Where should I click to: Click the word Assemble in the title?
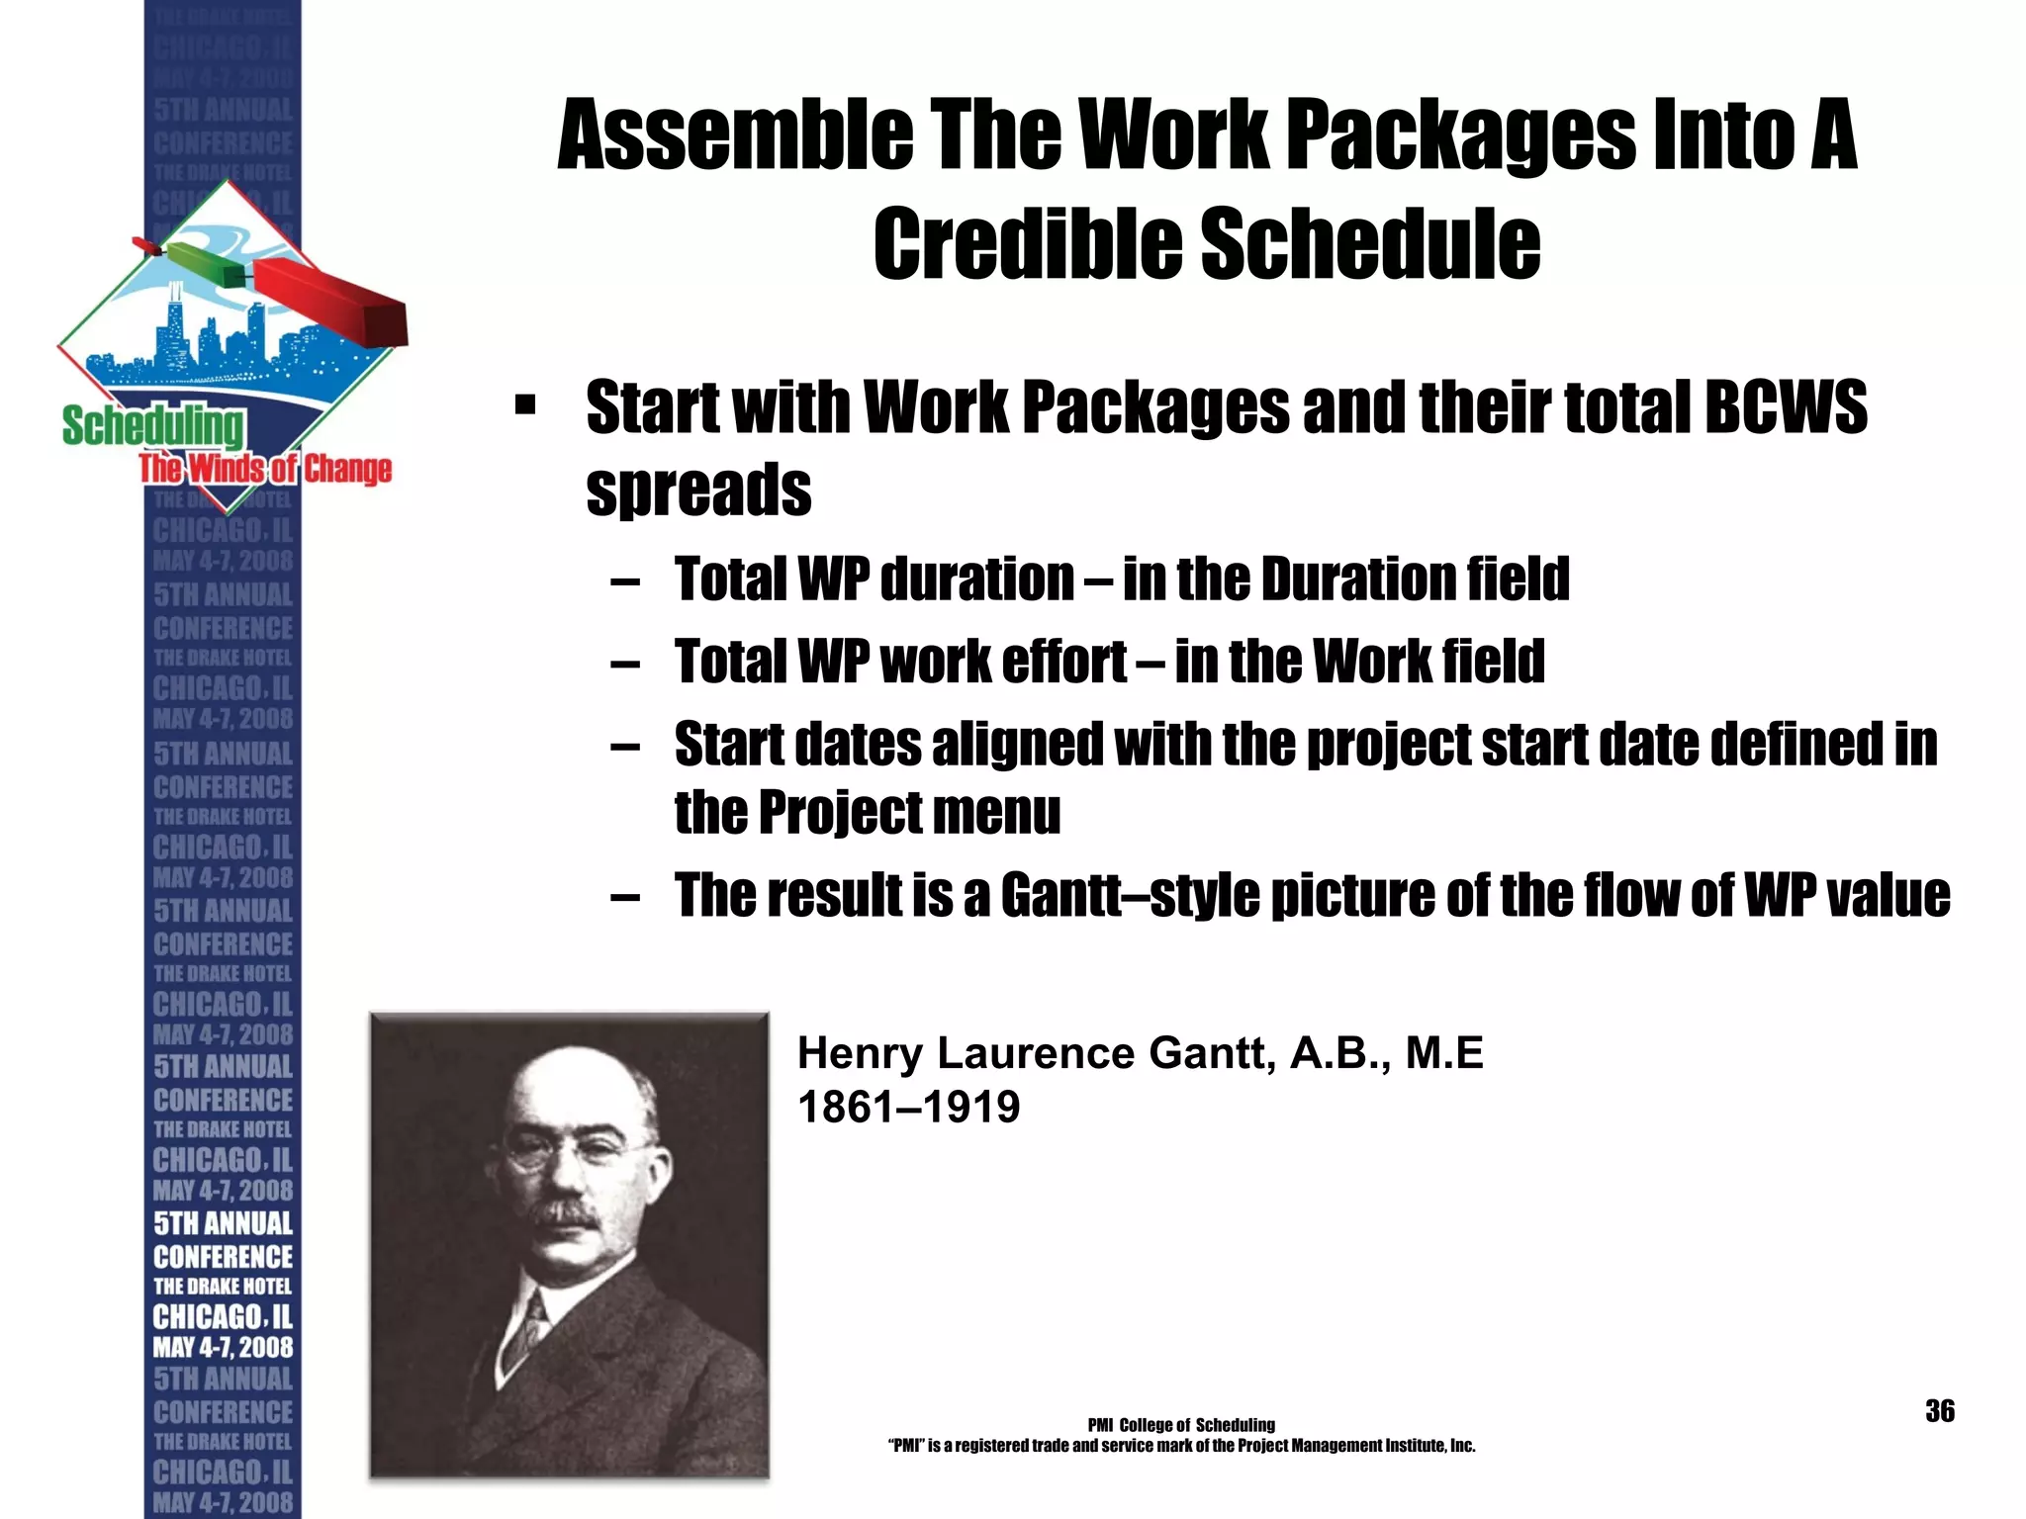(x=735, y=135)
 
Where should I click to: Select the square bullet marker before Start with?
(x=525, y=405)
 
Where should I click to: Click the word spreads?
(x=698, y=490)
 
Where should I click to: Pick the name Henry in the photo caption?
(x=859, y=1053)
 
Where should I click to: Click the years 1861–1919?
(x=908, y=1107)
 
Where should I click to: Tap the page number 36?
(x=1939, y=1411)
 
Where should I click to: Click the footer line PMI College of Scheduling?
(x=1180, y=1425)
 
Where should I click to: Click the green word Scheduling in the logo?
(x=152, y=426)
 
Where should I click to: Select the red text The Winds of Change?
(x=265, y=469)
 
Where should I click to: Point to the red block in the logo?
(x=331, y=301)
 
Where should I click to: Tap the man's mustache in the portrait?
(x=564, y=1211)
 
